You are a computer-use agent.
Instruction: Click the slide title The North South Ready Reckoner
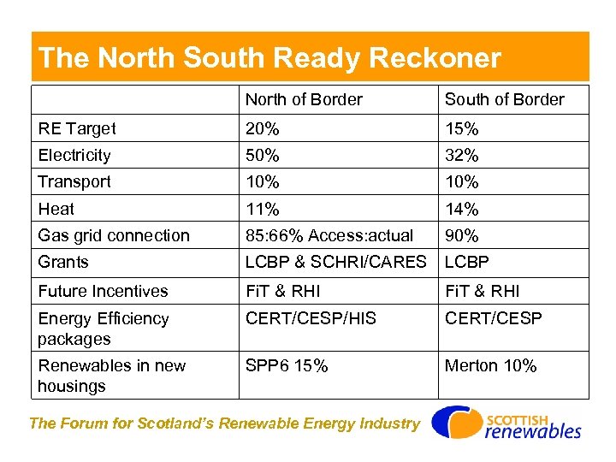(x=269, y=58)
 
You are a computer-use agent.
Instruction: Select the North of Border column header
(x=304, y=99)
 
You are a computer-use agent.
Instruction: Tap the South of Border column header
(x=504, y=99)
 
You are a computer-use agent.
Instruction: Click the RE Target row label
(x=77, y=129)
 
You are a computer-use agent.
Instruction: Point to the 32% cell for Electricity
(x=462, y=156)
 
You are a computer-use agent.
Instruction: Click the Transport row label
(x=74, y=182)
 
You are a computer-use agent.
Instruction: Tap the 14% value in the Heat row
(x=462, y=209)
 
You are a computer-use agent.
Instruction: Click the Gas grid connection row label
(x=114, y=235)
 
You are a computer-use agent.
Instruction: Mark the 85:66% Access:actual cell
(x=329, y=235)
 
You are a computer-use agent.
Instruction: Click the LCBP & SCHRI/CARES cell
(x=335, y=262)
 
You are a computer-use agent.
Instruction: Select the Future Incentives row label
(x=103, y=292)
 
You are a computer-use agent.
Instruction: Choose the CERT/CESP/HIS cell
(x=311, y=318)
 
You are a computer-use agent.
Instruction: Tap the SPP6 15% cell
(x=287, y=366)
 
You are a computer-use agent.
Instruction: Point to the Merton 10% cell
(x=491, y=366)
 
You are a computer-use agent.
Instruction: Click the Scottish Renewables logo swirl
(x=454, y=422)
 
